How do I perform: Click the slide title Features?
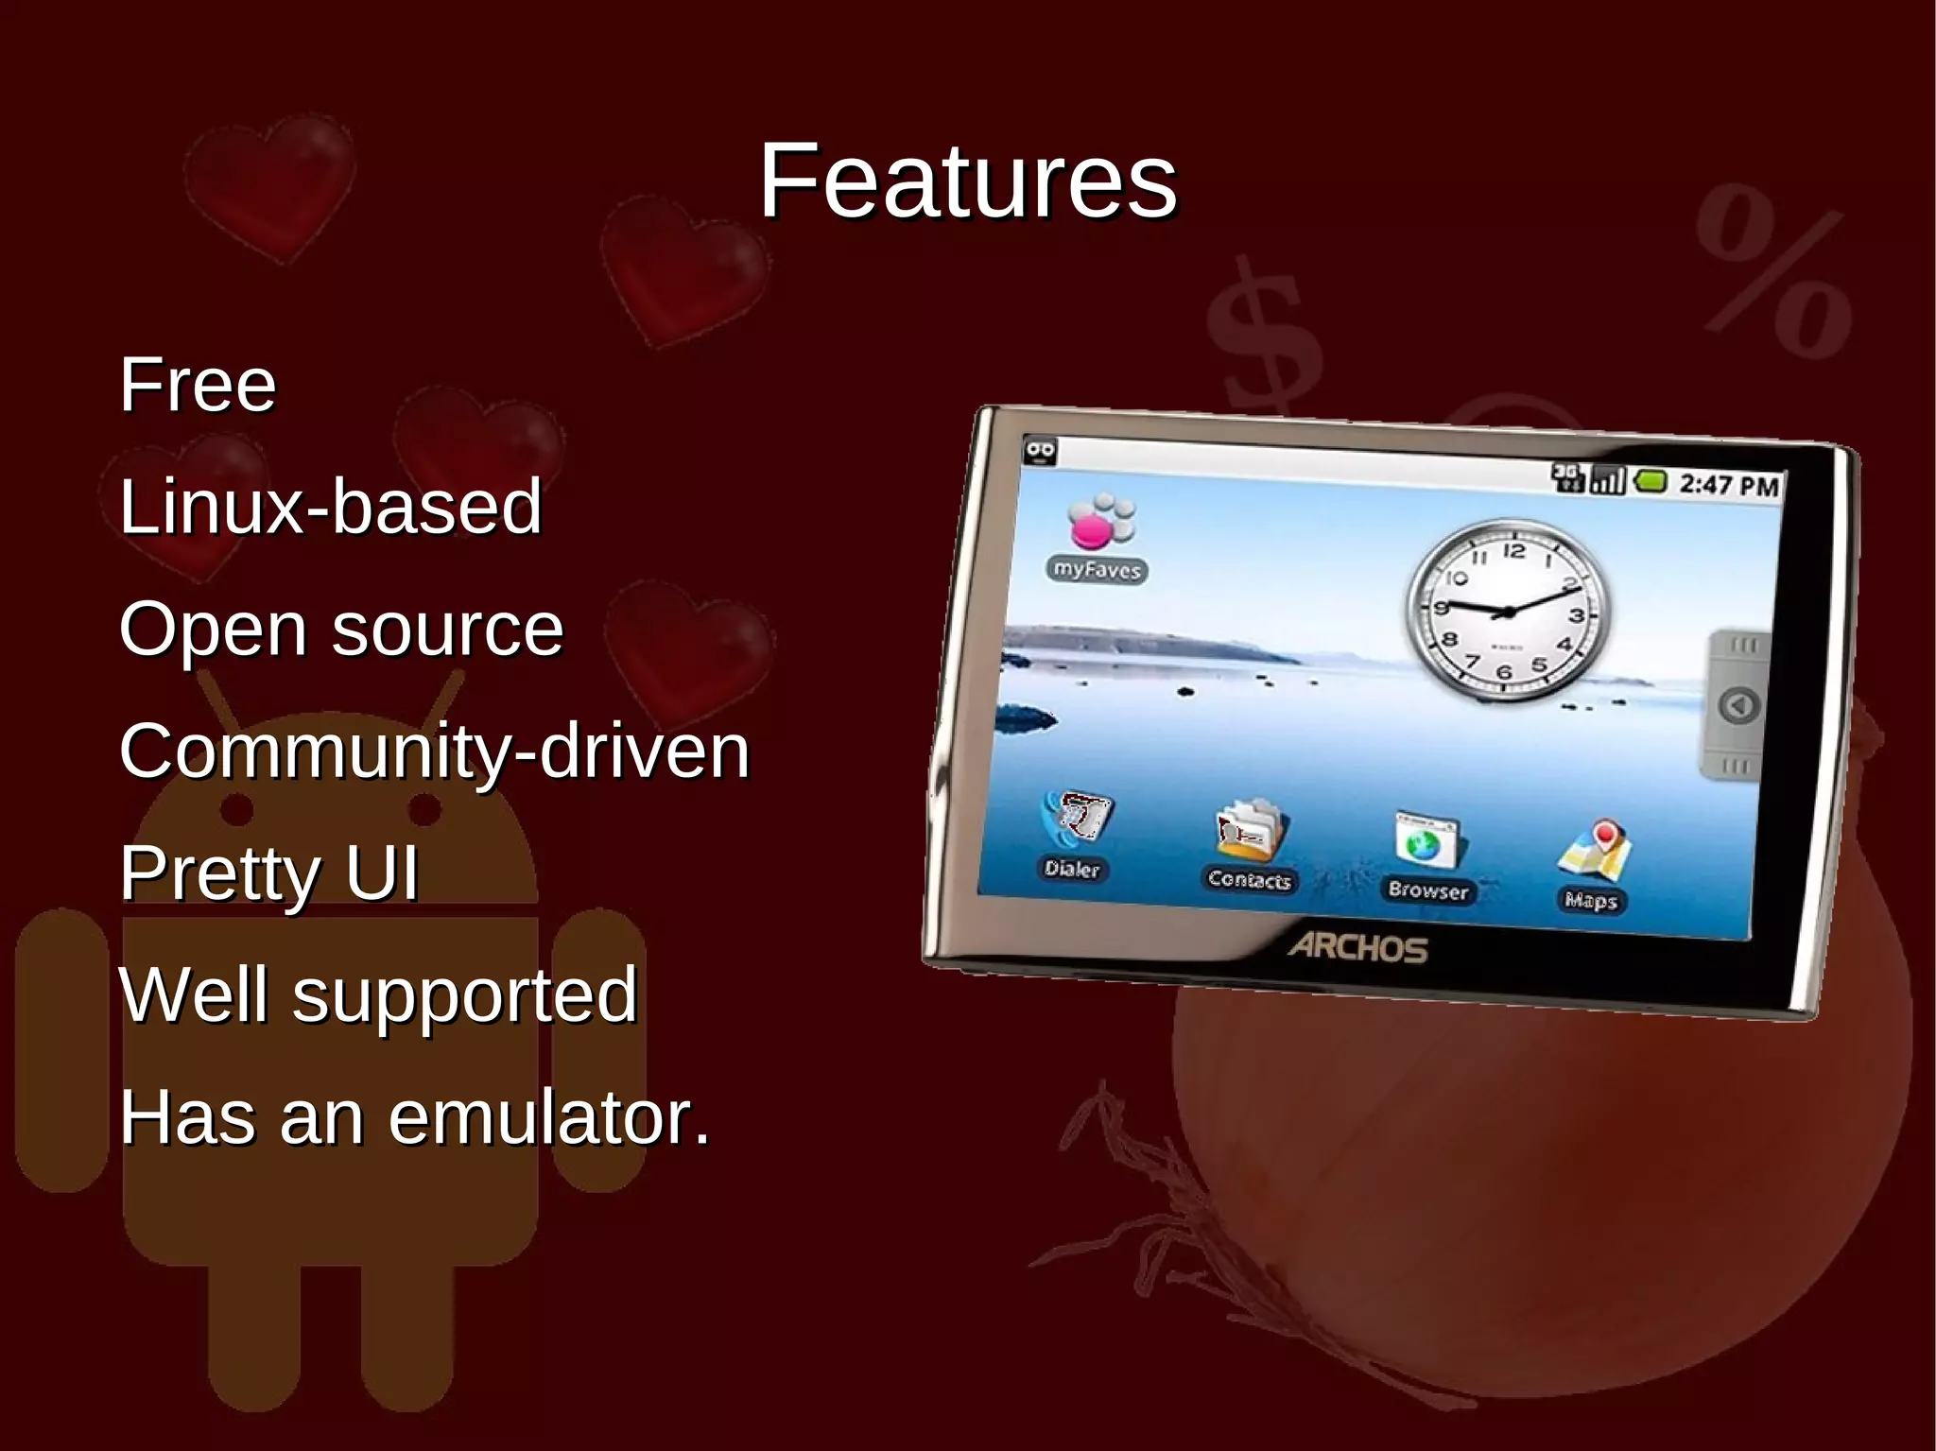(968, 181)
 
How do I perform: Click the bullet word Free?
(198, 385)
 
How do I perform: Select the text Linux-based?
(330, 508)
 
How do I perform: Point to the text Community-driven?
(434, 751)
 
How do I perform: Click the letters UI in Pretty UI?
(381, 872)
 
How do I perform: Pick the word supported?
(464, 996)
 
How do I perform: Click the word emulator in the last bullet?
(548, 1117)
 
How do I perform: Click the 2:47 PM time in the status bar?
(1728, 486)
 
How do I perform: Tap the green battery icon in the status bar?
(1651, 482)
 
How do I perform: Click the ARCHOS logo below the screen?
(1357, 947)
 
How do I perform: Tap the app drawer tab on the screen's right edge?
(1737, 705)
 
